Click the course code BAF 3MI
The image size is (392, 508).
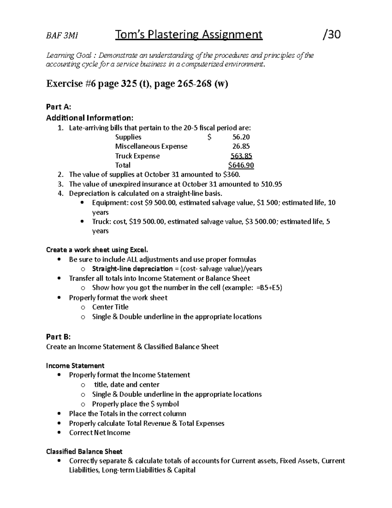62,36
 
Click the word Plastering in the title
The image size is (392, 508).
173,34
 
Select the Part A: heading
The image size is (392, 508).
58,107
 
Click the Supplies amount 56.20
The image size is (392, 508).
241,137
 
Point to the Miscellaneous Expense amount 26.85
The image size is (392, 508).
241,146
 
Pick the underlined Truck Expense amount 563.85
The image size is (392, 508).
241,156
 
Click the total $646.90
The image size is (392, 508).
241,165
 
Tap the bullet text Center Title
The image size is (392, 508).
110,307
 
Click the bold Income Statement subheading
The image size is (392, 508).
75,366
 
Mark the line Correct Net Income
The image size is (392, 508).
100,433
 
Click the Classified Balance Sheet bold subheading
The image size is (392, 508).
84,452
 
